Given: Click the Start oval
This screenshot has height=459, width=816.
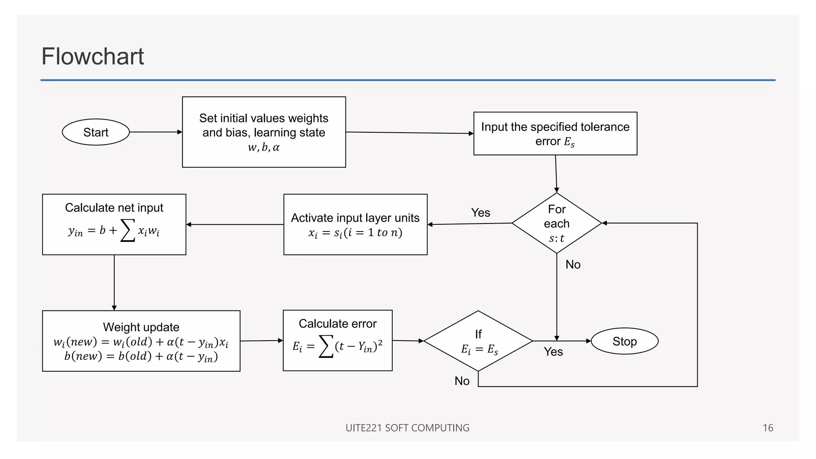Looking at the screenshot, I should coord(96,132).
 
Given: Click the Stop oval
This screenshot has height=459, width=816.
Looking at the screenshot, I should coord(624,341).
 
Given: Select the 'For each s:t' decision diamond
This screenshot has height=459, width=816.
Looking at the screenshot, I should coord(557,223).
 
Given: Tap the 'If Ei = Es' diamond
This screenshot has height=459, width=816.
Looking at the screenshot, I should coord(478,341).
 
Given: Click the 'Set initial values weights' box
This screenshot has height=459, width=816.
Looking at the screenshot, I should coord(264,132).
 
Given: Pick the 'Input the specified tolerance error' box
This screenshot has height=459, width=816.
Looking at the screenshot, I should coord(555,133).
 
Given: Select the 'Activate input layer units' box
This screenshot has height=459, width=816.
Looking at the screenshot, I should coord(355,224).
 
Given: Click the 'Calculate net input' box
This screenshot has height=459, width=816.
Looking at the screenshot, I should coord(114,224).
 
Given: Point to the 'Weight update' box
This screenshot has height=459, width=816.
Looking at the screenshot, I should coord(141,341).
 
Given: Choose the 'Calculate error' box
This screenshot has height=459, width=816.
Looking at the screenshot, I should coord(337,340).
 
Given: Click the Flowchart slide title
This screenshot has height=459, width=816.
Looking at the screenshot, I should coord(92,56).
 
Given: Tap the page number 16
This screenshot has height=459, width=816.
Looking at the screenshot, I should coord(768,428).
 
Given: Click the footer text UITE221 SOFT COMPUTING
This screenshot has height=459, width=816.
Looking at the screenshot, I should coord(407,428).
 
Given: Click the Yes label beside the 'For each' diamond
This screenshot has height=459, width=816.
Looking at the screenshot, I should coord(481,212).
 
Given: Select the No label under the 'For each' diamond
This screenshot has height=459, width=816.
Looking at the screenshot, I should coord(573,265).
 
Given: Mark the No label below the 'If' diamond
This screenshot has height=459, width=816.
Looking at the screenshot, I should coord(462,381).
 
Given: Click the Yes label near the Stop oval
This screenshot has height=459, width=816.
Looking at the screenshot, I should coord(553,351).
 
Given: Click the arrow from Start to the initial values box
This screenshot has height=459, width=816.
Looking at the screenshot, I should coord(155,132).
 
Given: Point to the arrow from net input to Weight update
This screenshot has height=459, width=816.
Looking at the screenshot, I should coord(114,283).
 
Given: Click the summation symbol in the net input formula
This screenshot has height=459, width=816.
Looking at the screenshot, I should coord(127,230).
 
